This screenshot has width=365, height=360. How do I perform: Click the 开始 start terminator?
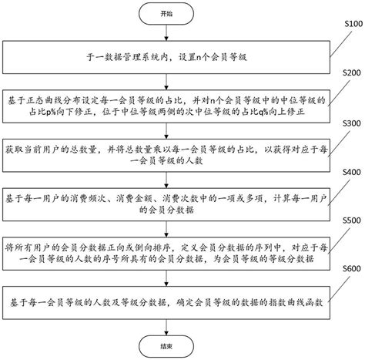[167, 14]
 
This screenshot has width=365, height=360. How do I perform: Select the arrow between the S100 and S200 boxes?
[167, 80]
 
